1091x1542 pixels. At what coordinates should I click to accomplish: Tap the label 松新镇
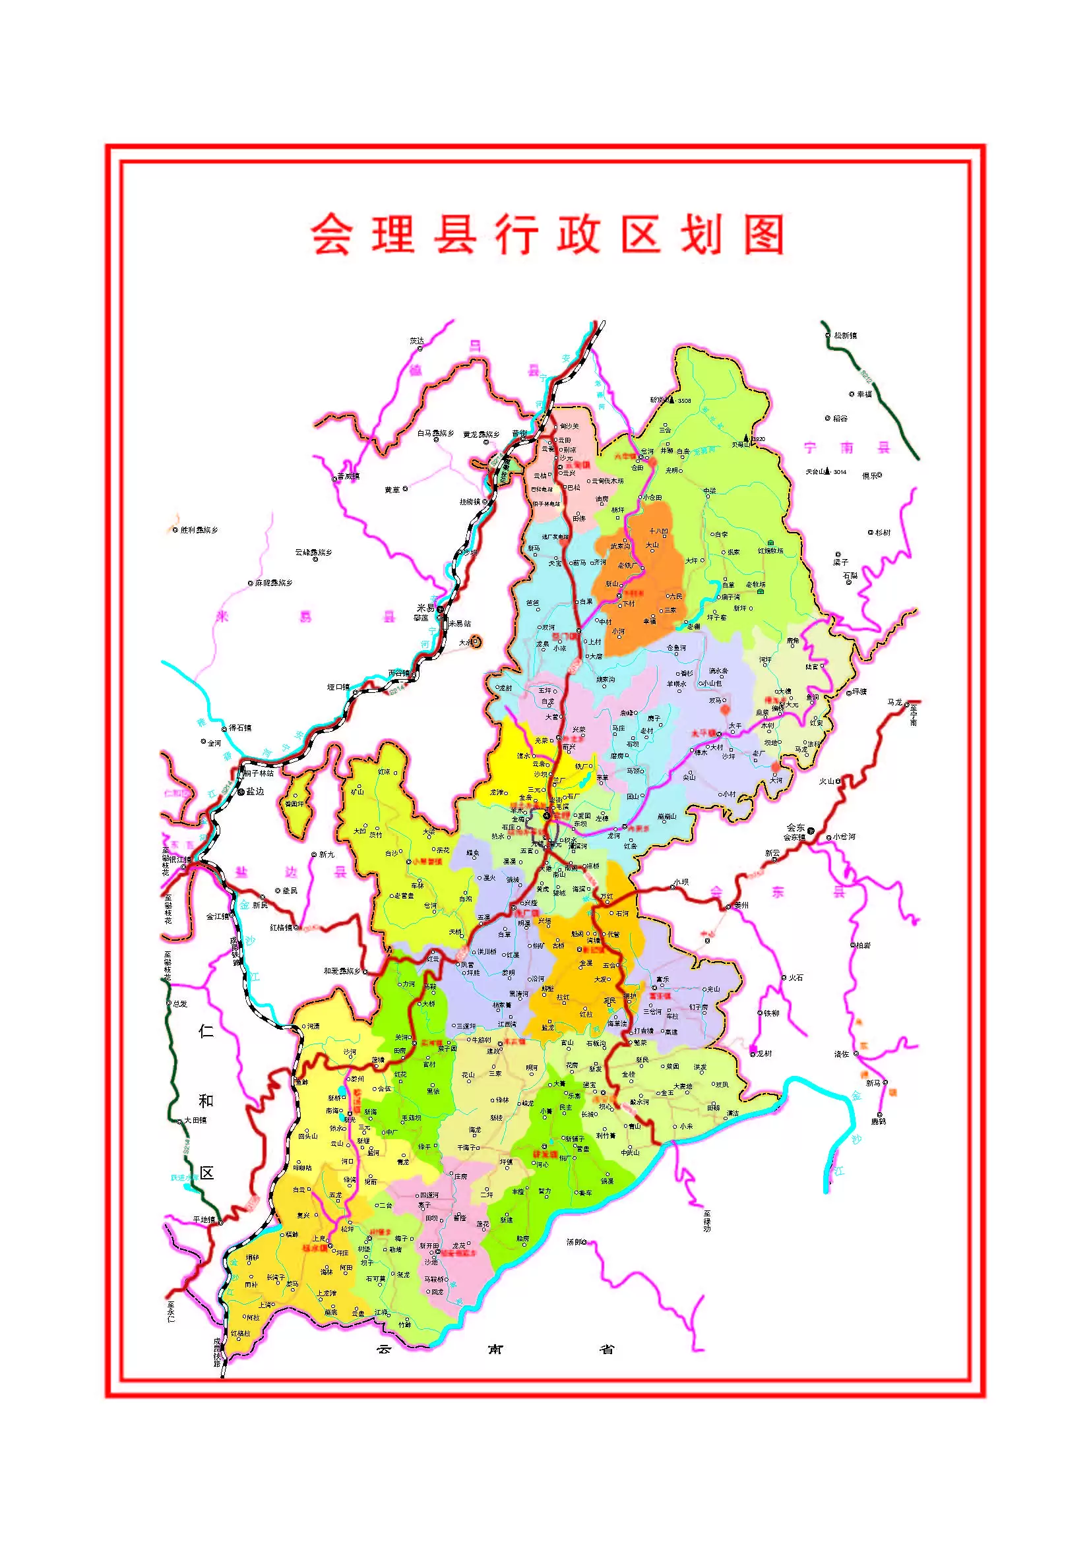[845, 335]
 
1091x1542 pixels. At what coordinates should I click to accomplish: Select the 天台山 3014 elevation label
[826, 471]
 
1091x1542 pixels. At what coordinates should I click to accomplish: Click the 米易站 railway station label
[460, 623]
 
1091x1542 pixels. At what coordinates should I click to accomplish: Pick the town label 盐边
[255, 792]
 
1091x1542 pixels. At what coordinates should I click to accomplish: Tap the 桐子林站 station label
[259, 773]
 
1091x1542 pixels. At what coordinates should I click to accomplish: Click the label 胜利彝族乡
[199, 530]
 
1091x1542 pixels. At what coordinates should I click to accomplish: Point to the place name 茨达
[417, 340]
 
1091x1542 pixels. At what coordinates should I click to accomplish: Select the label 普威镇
[348, 476]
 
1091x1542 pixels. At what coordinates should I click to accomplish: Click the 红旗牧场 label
[770, 550]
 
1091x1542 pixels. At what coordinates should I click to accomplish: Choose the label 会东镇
[794, 837]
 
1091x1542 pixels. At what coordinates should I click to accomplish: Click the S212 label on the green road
[866, 378]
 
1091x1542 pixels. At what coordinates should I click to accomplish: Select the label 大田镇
[195, 1120]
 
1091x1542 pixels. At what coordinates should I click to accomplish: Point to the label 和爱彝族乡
[342, 971]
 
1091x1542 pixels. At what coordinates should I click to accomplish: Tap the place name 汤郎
[576, 1242]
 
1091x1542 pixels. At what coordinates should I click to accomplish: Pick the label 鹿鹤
[879, 1121]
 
